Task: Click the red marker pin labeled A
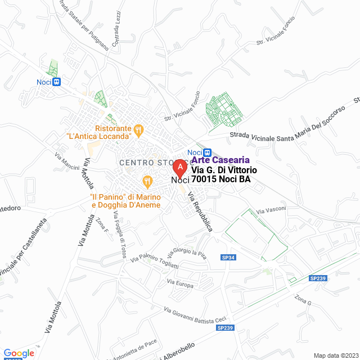(179, 168)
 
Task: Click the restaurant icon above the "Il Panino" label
(147, 181)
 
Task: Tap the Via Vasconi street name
(271, 210)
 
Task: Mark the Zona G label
(303, 300)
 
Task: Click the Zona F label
(101, 227)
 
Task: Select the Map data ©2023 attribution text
(335, 355)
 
